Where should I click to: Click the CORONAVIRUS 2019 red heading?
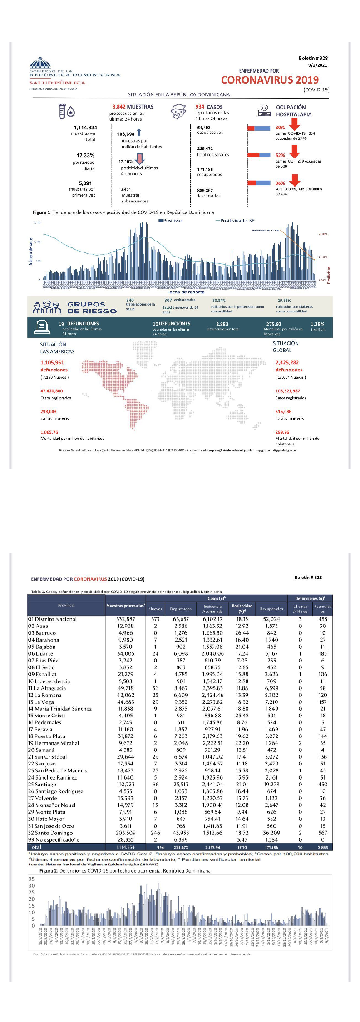(270, 80)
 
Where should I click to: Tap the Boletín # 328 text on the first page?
(313, 58)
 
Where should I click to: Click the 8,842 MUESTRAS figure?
(133, 107)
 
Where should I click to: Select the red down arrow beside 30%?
(295, 124)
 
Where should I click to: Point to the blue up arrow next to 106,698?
(139, 133)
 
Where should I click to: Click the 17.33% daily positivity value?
(85, 155)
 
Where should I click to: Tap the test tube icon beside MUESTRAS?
(63, 111)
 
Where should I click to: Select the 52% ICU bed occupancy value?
(280, 155)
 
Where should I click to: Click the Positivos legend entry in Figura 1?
(171, 221)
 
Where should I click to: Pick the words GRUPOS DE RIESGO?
(92, 307)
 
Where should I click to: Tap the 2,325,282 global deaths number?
(287, 362)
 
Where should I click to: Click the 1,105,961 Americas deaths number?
(52, 362)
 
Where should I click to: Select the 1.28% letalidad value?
(317, 324)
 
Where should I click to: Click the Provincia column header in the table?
(66, 605)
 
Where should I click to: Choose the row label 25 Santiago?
(42, 784)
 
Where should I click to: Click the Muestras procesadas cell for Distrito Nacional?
(126, 619)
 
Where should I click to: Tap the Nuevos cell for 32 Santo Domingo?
(156, 833)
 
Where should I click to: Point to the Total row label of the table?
(35, 847)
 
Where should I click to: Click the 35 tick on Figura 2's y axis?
(31, 879)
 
